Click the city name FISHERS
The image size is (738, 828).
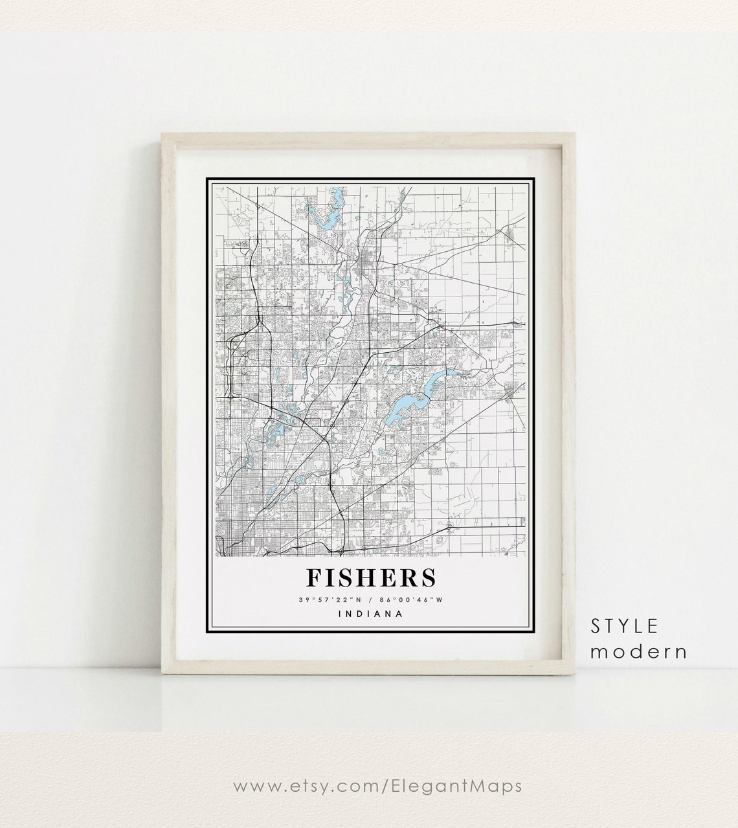tap(371, 578)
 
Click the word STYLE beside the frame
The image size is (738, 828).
tap(624, 626)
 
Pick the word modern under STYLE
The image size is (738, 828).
tap(638, 651)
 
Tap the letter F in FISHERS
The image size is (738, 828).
tap(315, 578)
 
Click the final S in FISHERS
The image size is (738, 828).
tap(427, 578)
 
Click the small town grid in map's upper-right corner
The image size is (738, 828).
tap(514, 236)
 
